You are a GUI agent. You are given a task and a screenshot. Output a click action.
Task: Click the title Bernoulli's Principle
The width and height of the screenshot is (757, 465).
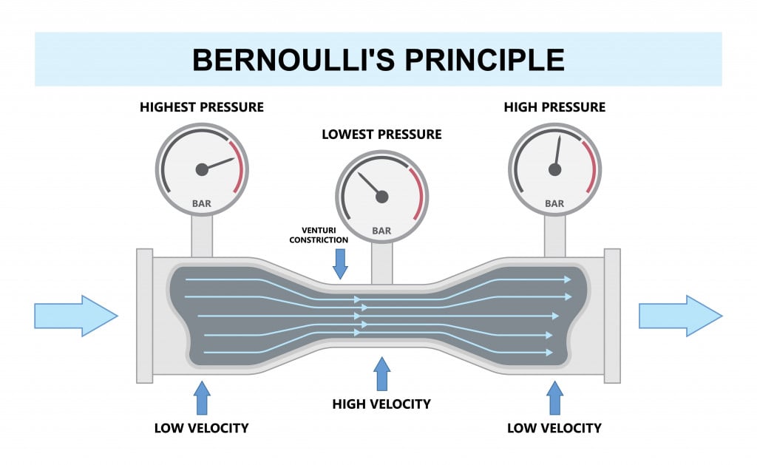[x=378, y=59]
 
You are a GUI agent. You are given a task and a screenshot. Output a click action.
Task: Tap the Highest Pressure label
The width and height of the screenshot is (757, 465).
[x=202, y=107]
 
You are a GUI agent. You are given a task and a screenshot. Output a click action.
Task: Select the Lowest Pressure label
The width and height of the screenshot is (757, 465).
[x=381, y=135]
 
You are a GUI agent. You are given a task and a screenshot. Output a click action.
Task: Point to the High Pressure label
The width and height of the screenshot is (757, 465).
[x=554, y=107]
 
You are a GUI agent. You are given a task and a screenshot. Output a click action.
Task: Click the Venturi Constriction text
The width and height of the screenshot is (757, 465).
[x=319, y=234]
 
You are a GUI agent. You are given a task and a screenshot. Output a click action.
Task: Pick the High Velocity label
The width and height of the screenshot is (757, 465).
[x=381, y=404]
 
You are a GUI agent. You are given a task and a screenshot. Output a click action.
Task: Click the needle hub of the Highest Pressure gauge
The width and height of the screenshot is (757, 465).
[x=202, y=169]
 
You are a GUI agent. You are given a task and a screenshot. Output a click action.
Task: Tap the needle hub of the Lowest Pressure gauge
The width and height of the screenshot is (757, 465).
[x=381, y=196]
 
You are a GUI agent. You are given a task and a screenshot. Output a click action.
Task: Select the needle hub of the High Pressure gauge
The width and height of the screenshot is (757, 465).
[x=554, y=169]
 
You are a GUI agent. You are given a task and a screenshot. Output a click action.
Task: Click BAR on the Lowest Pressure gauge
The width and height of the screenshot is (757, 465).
[x=381, y=231]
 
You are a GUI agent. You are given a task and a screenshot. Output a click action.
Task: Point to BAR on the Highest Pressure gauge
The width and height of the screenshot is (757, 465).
[x=202, y=203]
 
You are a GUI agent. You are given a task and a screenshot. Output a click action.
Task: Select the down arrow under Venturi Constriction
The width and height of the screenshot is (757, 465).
[x=340, y=263]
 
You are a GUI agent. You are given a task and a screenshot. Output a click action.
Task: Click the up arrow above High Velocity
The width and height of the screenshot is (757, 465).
[x=381, y=374]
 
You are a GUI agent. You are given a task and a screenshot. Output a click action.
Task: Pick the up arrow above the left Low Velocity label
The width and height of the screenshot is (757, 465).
[x=202, y=398]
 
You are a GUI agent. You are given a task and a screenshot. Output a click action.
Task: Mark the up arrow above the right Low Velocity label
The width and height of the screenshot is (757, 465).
[x=554, y=398]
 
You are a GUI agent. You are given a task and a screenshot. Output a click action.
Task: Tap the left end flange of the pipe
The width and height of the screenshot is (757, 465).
[x=144, y=316]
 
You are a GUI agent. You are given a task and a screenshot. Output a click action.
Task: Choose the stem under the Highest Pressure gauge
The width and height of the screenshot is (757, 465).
[x=202, y=235]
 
